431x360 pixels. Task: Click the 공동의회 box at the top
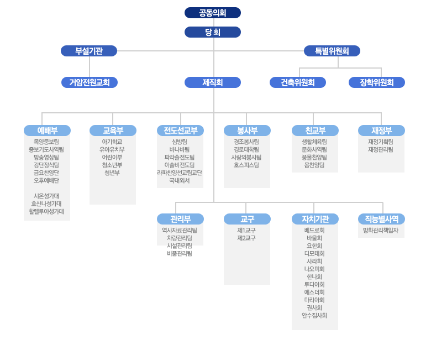[213, 13]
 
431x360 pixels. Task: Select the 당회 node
[213, 32]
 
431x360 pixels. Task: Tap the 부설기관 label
[89, 51]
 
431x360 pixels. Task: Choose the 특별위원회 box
[332, 51]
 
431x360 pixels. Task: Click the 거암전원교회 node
[90, 82]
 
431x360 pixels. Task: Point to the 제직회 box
[213, 82]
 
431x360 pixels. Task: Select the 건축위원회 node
[298, 82]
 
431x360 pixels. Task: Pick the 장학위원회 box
[377, 82]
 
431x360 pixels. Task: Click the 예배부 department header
[48, 131]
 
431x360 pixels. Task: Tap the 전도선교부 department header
[180, 131]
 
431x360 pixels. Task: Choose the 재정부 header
[381, 131]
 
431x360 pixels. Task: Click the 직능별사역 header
[381, 219]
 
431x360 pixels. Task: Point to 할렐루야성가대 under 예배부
[46, 211]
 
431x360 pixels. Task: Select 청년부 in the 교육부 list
[112, 173]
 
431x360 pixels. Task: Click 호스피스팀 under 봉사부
[246, 165]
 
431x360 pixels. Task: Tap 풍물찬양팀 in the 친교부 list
[314, 157]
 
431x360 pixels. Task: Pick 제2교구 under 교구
[246, 238]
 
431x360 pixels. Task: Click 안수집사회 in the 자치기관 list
[314, 315]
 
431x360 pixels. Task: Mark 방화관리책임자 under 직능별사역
[381, 230]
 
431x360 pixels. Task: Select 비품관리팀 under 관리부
[180, 253]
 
